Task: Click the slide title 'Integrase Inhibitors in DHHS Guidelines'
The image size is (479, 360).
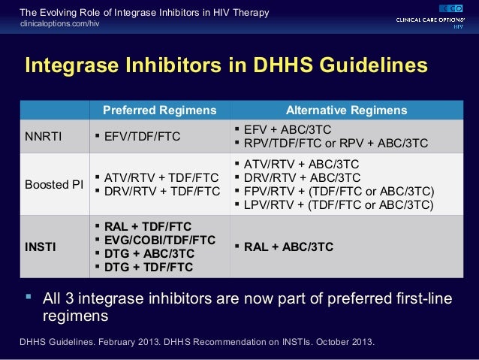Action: point(226,65)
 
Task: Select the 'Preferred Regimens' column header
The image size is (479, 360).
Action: point(159,110)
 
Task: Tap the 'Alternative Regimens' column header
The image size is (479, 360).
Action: point(347,110)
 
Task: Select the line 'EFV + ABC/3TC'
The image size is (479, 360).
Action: point(288,129)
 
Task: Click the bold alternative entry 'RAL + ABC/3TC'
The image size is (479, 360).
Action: point(289,247)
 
